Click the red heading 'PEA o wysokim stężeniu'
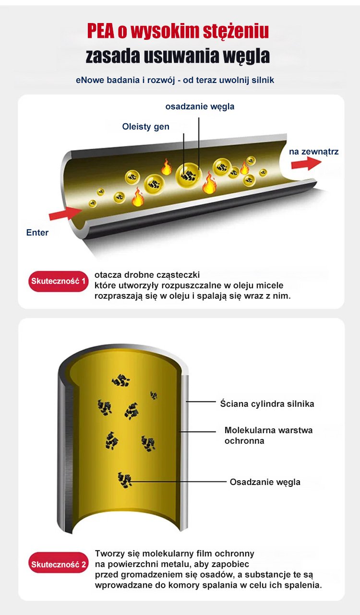[x=178, y=31]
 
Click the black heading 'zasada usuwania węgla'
[x=178, y=56]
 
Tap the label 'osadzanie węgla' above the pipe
[x=200, y=106]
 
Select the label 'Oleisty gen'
[x=145, y=127]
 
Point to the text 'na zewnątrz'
[x=313, y=152]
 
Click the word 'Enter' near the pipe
[x=37, y=233]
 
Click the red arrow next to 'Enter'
[x=65, y=212]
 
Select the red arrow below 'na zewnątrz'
[x=306, y=164]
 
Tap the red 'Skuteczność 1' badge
[x=59, y=281]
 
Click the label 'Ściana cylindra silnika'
[x=267, y=404]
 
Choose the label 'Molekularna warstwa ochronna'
[x=268, y=435]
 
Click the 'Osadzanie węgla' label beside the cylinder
[x=265, y=482]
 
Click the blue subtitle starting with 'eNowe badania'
[x=175, y=80]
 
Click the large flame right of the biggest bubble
[x=209, y=183]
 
